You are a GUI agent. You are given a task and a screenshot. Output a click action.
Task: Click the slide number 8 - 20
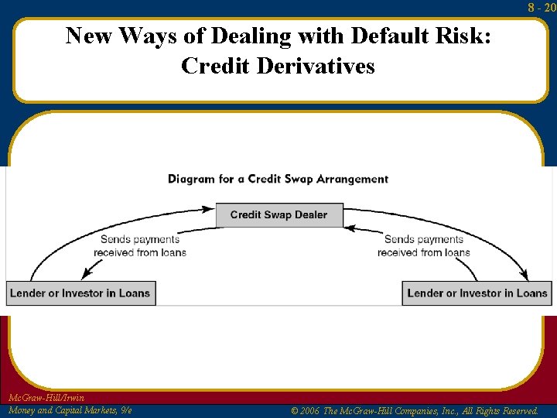[x=542, y=7]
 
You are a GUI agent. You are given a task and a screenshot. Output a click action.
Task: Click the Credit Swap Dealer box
[x=278, y=214]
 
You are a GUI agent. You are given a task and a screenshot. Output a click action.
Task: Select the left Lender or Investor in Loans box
[x=80, y=293]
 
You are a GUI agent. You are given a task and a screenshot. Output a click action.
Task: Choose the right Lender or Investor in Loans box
[x=477, y=293]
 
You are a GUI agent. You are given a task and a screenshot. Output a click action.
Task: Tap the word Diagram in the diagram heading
[x=192, y=179]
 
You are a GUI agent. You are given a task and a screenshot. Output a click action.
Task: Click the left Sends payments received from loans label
[x=140, y=246]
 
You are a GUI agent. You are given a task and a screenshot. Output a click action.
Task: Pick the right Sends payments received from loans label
[x=424, y=246]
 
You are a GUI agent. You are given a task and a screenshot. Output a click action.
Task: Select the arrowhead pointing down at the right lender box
[x=525, y=275]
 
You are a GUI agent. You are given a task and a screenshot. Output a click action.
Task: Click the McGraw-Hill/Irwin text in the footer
[x=46, y=398]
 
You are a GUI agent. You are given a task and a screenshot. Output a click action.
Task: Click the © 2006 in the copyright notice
[x=306, y=411]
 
